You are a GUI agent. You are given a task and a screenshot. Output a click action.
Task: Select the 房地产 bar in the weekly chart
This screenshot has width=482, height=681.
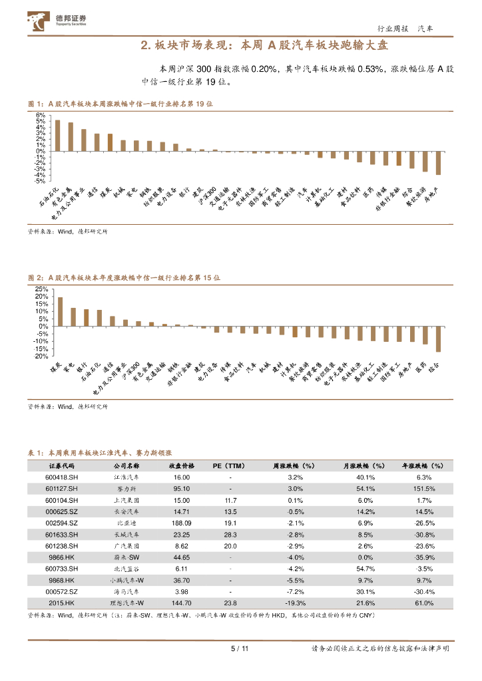point(438,163)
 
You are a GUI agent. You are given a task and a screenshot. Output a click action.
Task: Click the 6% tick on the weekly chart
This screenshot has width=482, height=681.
point(40,115)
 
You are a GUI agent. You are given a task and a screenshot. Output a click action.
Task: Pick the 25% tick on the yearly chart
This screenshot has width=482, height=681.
point(41,289)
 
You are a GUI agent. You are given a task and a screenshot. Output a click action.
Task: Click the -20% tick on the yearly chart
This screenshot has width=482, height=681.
point(40,356)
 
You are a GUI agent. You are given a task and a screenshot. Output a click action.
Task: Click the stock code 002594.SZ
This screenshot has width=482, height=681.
point(62,523)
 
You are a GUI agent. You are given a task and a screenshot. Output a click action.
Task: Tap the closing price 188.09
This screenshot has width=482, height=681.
point(181,523)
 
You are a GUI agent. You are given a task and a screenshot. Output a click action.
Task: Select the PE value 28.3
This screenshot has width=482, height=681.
point(230,534)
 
